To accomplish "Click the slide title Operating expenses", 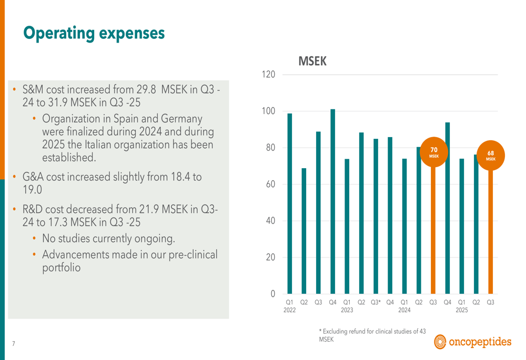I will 94,33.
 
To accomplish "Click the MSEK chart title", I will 312,61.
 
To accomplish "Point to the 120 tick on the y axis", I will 268,75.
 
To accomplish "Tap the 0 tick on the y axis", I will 272,294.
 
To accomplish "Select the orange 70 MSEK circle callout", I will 433,152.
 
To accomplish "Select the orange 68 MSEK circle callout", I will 490,156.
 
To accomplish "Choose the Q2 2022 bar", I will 304,231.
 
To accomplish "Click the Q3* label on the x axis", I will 376,302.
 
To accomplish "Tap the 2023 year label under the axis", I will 347,311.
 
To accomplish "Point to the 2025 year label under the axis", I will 461,311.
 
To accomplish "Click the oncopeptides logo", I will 472,343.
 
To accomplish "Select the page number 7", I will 14,344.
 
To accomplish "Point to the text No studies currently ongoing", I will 108,239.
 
